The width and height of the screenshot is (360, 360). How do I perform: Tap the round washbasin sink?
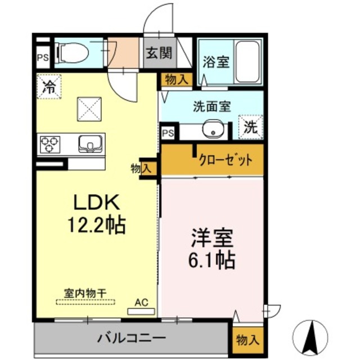[213, 129]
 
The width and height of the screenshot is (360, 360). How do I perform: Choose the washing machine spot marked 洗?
[250, 127]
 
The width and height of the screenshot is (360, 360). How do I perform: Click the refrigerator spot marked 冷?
[49, 87]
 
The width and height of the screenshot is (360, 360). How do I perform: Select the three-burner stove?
[49, 145]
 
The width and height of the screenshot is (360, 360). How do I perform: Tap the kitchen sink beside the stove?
[89, 144]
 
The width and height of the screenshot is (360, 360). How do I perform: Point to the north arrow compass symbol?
[310, 335]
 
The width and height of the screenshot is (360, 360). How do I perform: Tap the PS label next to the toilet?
[43, 57]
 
